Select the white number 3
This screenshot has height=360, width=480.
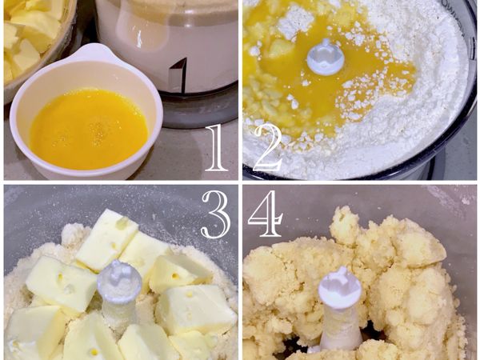[214, 214]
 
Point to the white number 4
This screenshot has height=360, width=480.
[267, 214]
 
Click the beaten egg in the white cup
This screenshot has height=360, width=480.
[88, 128]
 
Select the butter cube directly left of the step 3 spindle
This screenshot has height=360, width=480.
[62, 284]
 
